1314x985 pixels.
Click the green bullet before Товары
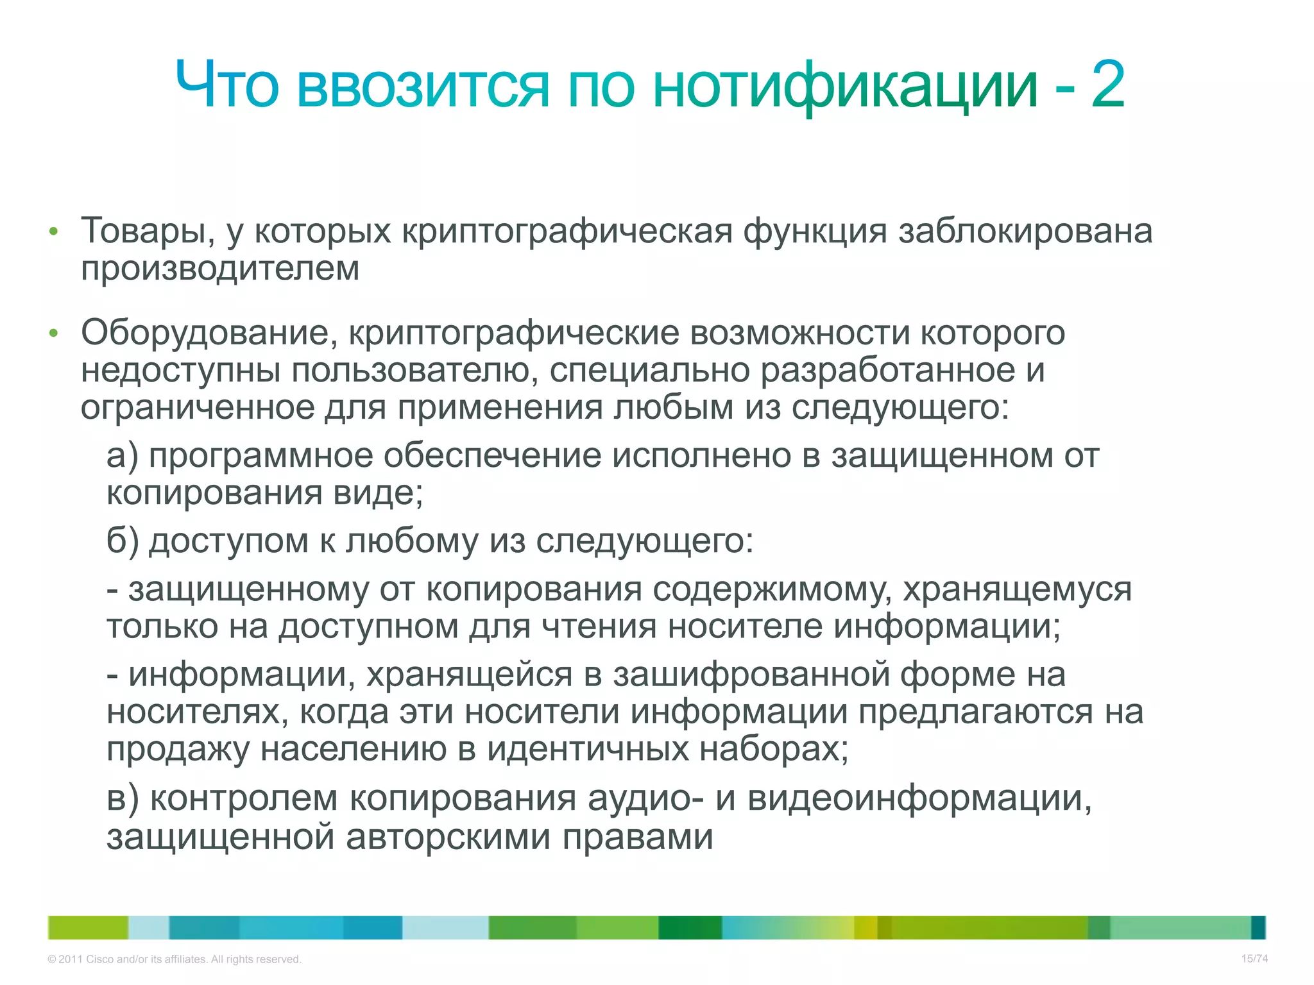click(54, 232)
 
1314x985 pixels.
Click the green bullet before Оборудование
click(54, 333)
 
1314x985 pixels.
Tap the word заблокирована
click(1025, 231)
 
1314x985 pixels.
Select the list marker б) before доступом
click(122, 541)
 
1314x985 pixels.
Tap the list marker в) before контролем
click(122, 799)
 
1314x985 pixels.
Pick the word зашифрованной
click(751, 675)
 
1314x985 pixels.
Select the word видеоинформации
click(919, 799)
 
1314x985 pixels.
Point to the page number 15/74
click(1254, 959)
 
